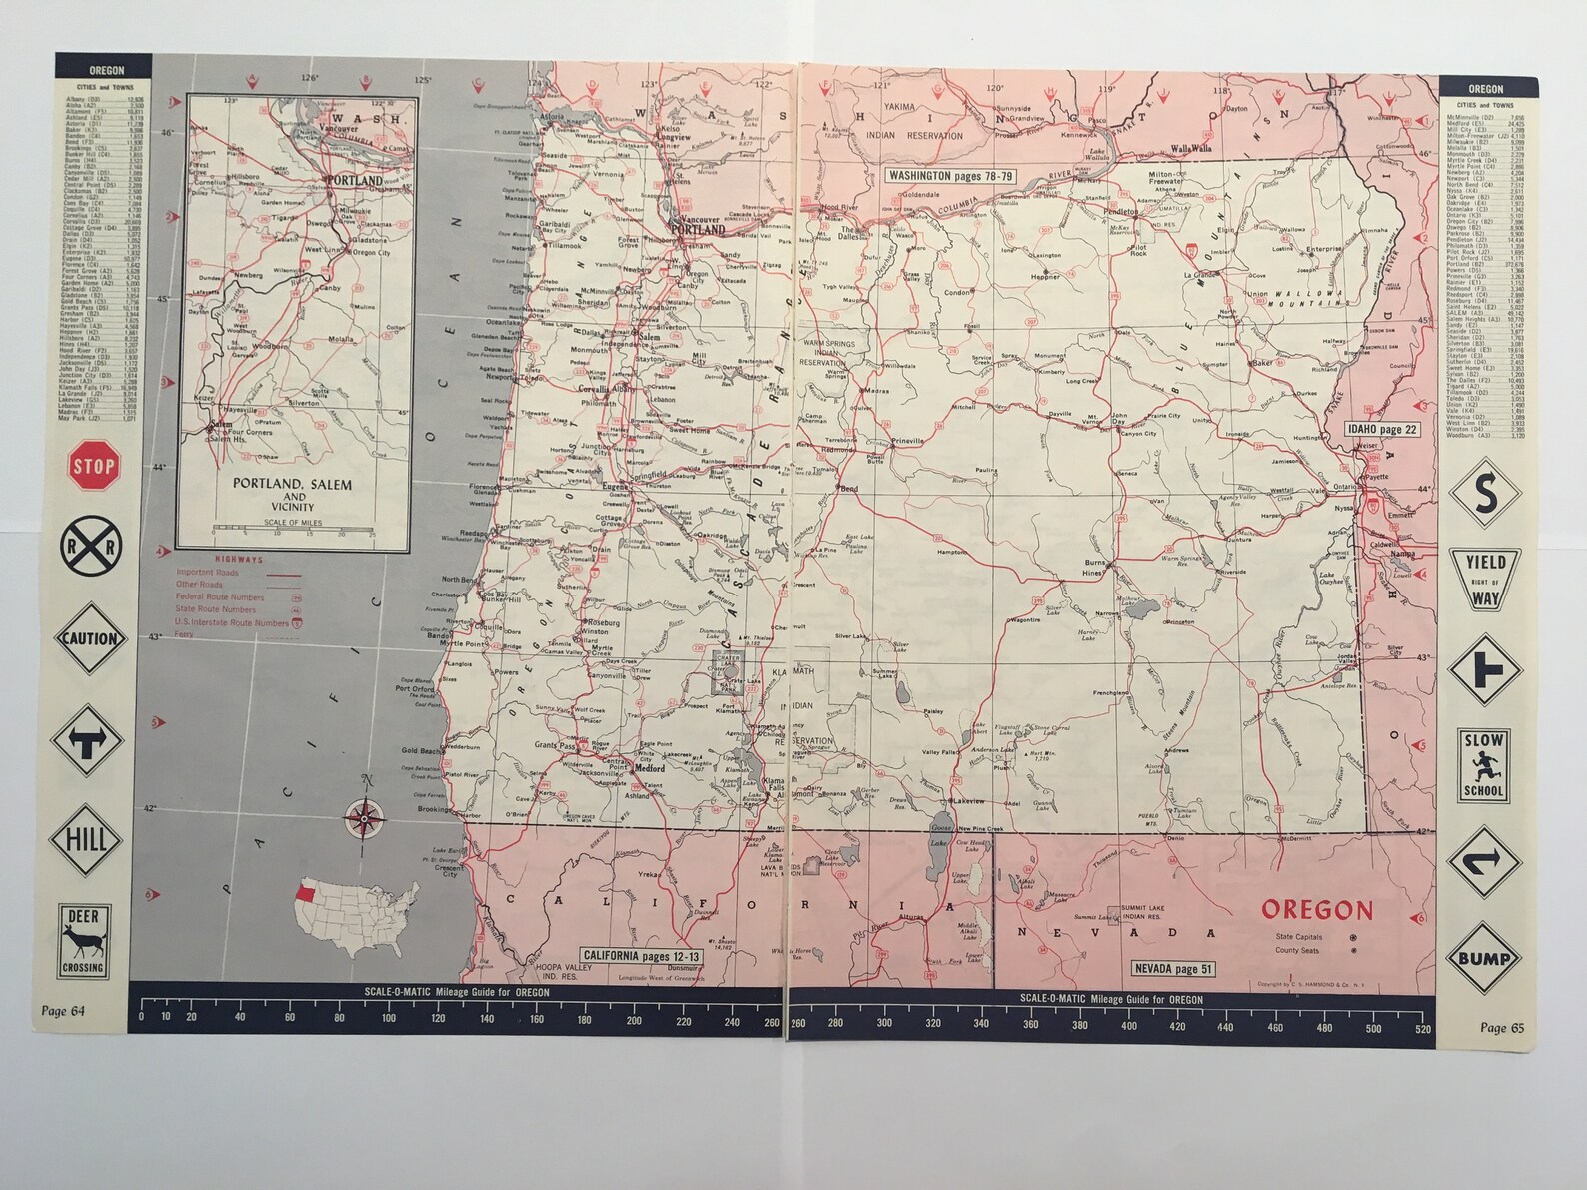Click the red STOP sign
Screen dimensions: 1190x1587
[94, 466]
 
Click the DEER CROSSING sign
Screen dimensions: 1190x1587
[83, 942]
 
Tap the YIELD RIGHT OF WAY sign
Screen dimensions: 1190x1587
[1485, 580]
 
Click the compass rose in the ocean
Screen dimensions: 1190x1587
[362, 817]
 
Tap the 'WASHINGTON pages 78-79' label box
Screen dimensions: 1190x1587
[950, 175]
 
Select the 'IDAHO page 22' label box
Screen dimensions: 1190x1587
[1382, 429]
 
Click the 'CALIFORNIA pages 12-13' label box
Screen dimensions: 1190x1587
[641, 956]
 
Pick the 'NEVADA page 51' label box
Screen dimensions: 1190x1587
[1172, 968]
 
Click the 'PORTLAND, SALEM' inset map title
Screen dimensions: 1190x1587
[292, 485]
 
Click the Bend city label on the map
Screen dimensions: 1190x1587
[849, 490]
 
